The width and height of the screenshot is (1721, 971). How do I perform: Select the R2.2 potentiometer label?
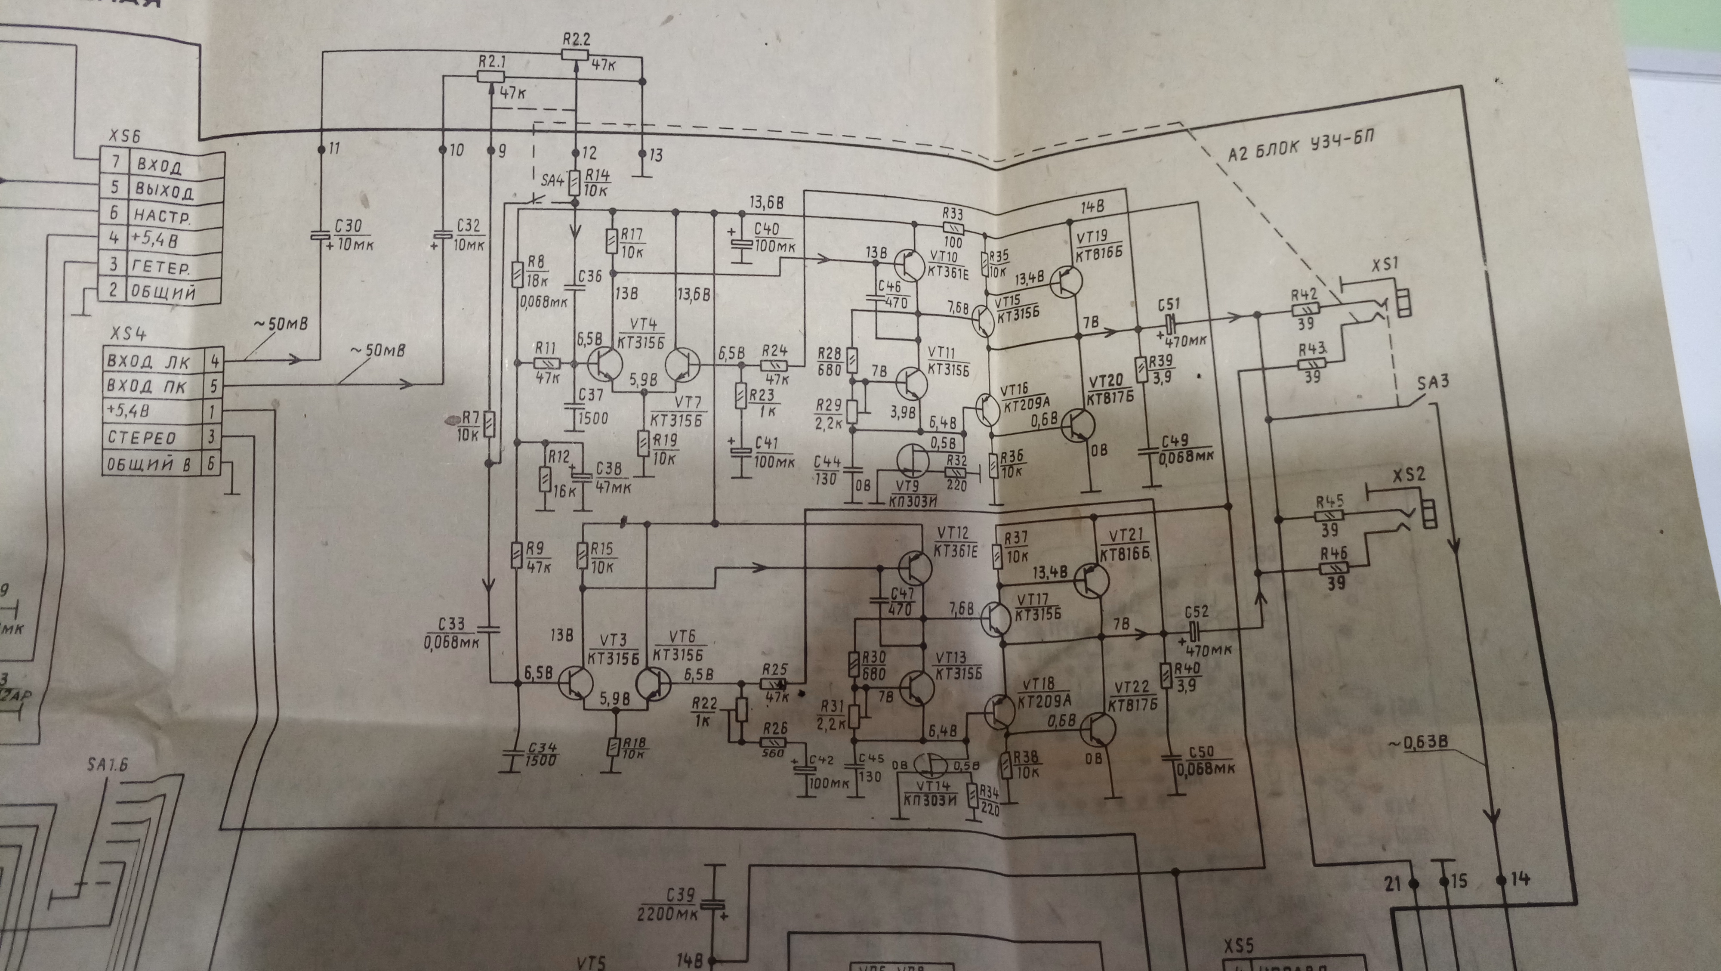576,38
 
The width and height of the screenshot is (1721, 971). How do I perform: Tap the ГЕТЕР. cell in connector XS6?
161,267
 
